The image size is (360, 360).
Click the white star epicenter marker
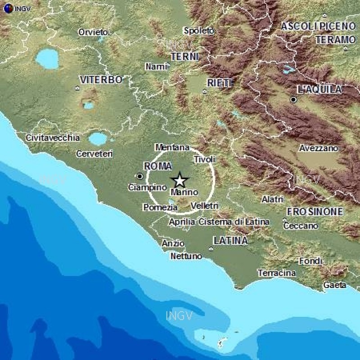click(180, 180)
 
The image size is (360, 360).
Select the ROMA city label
click(157, 166)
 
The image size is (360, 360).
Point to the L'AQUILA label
click(320, 90)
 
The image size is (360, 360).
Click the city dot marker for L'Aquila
click(293, 99)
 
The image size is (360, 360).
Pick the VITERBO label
click(101, 80)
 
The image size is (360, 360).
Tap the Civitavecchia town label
click(53, 138)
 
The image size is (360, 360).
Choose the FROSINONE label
click(315, 211)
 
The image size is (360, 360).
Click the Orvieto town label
click(93, 32)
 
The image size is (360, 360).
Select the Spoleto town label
click(198, 31)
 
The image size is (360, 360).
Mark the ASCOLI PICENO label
click(318, 26)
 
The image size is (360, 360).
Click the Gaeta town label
click(335, 284)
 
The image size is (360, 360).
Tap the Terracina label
click(277, 273)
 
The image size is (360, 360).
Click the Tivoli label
click(205, 159)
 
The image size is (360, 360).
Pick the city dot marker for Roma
click(140, 176)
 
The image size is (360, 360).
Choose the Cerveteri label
click(94, 153)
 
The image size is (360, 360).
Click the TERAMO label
click(335, 40)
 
